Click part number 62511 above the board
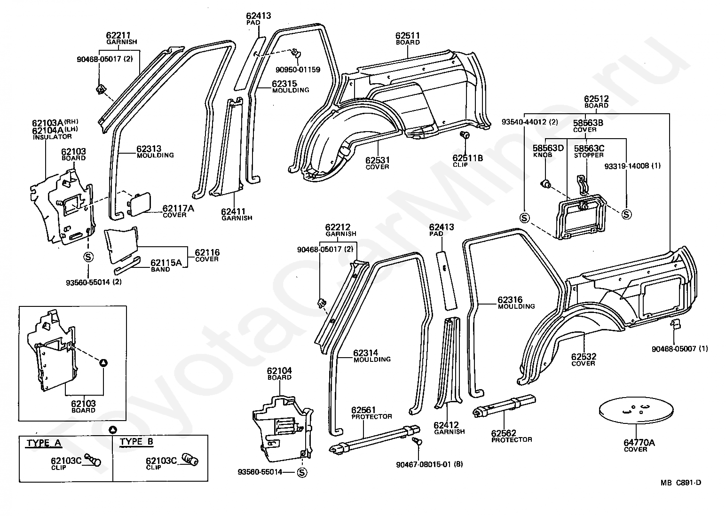(x=407, y=36)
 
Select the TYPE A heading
(x=44, y=443)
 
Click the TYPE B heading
(x=136, y=442)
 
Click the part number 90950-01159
(x=298, y=70)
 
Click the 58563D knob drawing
(x=545, y=185)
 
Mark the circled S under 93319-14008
(x=626, y=214)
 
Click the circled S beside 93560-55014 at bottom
(x=302, y=473)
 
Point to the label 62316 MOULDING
(x=516, y=303)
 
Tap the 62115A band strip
(x=127, y=266)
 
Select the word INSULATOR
(x=52, y=137)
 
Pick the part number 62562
(x=504, y=433)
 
